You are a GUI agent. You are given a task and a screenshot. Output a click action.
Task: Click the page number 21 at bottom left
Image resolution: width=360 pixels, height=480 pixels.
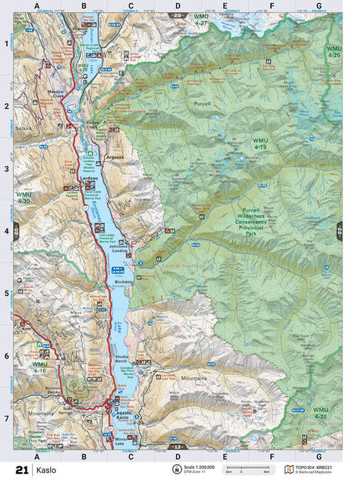coord(20,469)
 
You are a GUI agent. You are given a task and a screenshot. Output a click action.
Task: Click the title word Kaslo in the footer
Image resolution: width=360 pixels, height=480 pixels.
coord(47,469)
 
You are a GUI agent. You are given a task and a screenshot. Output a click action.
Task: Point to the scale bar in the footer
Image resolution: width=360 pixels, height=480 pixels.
coord(243,471)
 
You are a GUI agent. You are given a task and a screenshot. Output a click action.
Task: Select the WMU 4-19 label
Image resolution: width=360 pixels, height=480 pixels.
coord(260,143)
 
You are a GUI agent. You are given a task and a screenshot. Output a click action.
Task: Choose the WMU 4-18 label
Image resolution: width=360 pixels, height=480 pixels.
coord(39,367)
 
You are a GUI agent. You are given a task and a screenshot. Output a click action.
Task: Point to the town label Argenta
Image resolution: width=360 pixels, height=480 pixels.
coord(115,157)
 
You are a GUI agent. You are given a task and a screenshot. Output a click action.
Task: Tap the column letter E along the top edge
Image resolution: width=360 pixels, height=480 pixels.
coord(225,6)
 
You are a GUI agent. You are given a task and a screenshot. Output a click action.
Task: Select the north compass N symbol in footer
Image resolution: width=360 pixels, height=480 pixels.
coord(177,469)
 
